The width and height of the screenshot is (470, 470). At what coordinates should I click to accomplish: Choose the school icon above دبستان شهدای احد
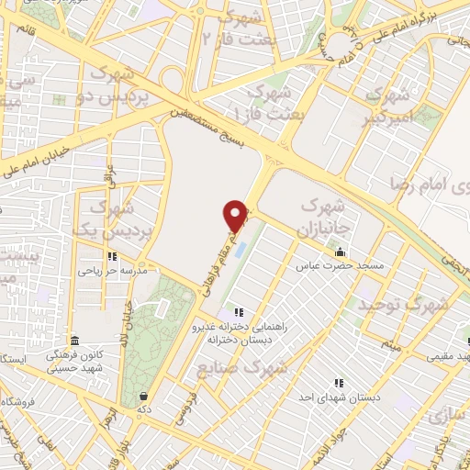pos(338,382)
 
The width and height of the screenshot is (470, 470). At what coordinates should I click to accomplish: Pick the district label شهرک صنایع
pos(242,366)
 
